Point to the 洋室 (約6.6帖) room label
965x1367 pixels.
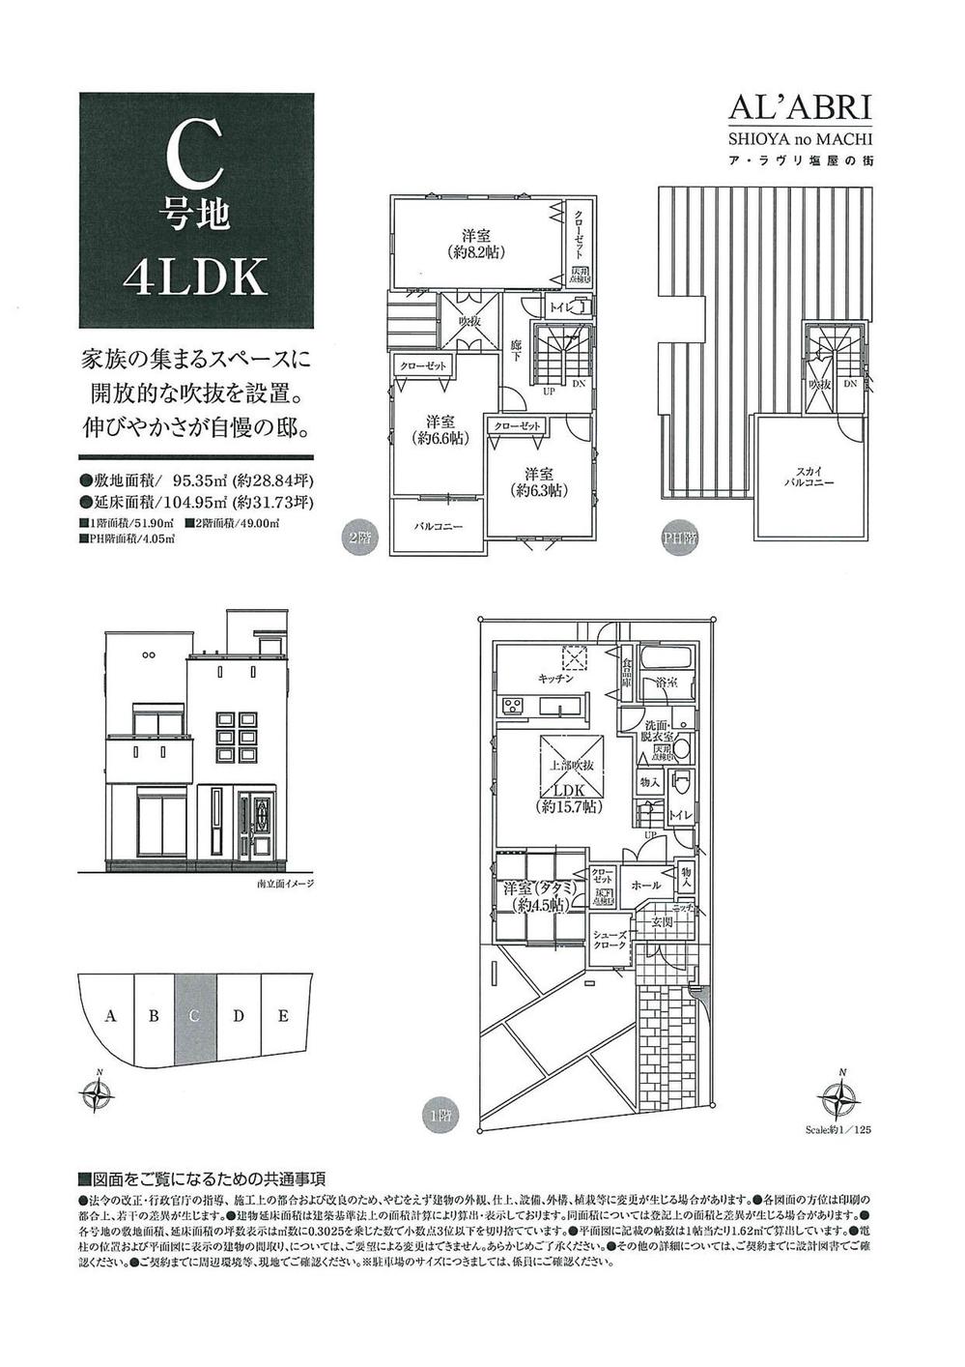(439, 429)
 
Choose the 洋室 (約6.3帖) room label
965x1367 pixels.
(539, 481)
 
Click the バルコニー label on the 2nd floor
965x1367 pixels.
(439, 528)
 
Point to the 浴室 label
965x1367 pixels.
(666, 683)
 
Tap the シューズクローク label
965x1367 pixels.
(610, 940)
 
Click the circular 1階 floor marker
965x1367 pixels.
(434, 1113)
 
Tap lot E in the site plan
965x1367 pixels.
(283, 1015)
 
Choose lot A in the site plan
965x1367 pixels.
(111, 1016)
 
